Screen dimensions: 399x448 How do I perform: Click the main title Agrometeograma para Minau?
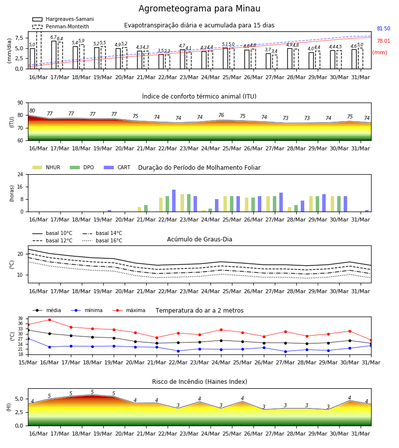click(199, 8)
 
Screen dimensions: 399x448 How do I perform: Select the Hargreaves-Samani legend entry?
click(63, 19)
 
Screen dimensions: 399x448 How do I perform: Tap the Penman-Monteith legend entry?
click(61, 26)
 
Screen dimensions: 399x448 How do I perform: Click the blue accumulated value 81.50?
click(384, 28)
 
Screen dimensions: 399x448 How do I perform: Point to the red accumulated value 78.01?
click(384, 41)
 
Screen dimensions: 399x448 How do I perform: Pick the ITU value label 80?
click(32, 111)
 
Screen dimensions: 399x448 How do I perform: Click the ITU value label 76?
click(221, 115)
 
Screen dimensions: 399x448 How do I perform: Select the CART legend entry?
click(117, 167)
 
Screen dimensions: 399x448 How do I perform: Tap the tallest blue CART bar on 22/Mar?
click(174, 201)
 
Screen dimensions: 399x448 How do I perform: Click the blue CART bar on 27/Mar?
click(281, 202)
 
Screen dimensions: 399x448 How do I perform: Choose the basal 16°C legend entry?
click(102, 240)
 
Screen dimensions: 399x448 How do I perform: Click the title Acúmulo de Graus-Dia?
click(199, 239)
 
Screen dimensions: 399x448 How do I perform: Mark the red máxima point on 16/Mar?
click(49, 320)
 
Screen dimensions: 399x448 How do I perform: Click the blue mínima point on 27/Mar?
click(285, 351)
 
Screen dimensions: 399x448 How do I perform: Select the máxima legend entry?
click(129, 310)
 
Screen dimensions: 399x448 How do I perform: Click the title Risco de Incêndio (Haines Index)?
click(199, 381)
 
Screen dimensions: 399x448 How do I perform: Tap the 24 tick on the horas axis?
click(20, 174)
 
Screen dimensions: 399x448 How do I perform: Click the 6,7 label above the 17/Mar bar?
click(53, 37)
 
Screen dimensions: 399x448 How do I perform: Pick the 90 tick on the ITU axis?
click(20, 103)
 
